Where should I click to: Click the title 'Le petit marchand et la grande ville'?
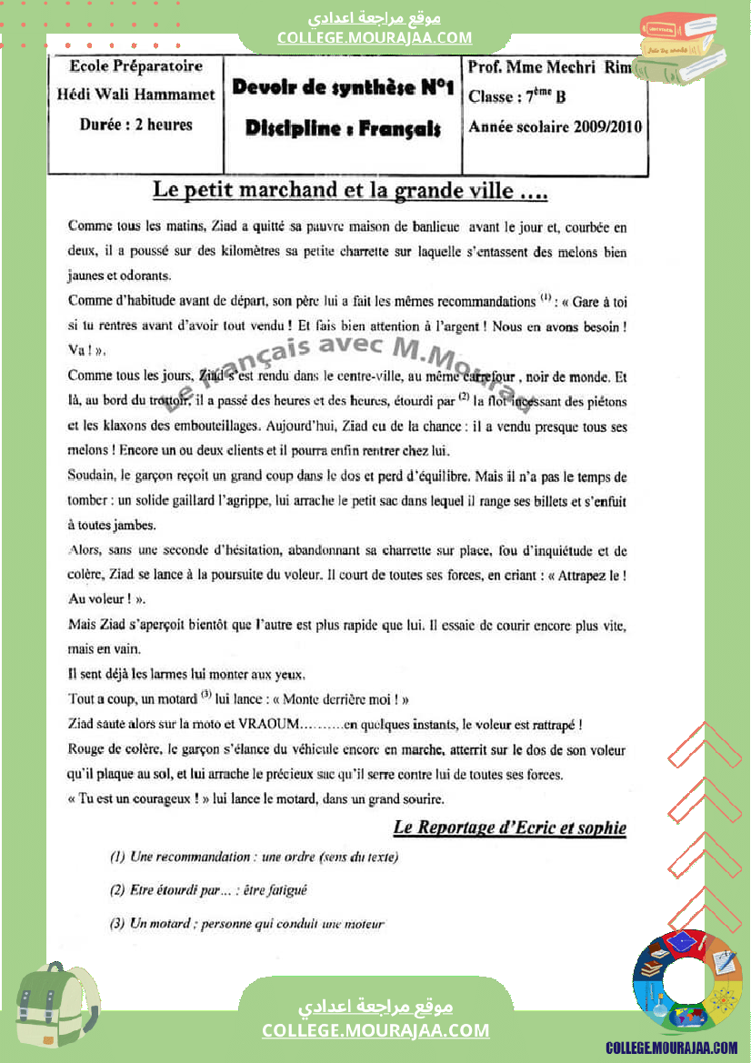(x=349, y=192)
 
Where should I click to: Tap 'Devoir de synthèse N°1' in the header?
(x=343, y=88)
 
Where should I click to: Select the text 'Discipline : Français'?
(x=343, y=129)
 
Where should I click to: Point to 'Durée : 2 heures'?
(x=136, y=125)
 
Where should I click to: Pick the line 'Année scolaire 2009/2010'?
(x=555, y=127)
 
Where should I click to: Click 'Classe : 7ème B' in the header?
(x=516, y=96)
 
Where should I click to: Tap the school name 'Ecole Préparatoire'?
(x=136, y=66)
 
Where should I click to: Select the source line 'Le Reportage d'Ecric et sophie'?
(x=509, y=827)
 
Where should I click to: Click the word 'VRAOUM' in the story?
(x=270, y=725)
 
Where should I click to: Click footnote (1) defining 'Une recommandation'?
(x=254, y=857)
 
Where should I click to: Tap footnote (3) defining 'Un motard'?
(x=246, y=924)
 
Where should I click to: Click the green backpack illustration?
(x=56, y=1004)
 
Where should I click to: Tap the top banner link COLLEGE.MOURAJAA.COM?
(x=375, y=37)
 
